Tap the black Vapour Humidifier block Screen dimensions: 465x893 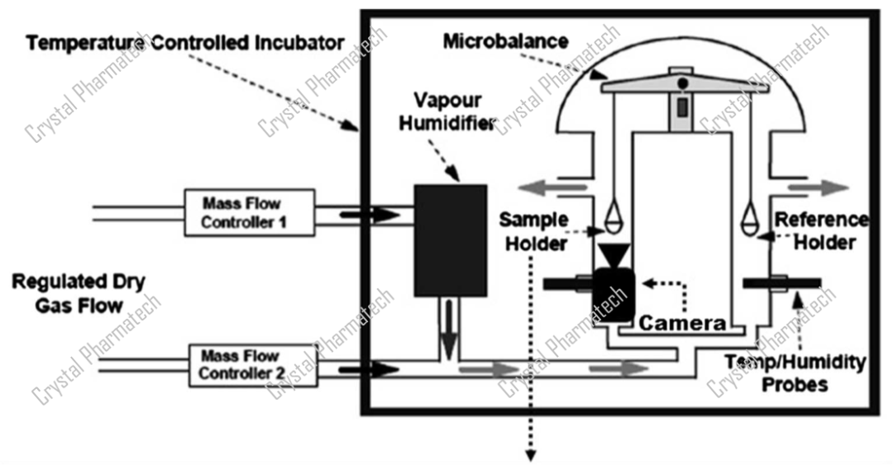(x=449, y=240)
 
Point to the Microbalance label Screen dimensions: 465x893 (x=506, y=40)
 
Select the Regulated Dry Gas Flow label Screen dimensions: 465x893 (x=79, y=293)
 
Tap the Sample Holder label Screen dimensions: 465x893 (x=533, y=231)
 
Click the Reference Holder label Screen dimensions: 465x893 (x=820, y=231)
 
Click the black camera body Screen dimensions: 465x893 (x=613, y=295)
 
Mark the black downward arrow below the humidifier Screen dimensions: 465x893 (x=449, y=327)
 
